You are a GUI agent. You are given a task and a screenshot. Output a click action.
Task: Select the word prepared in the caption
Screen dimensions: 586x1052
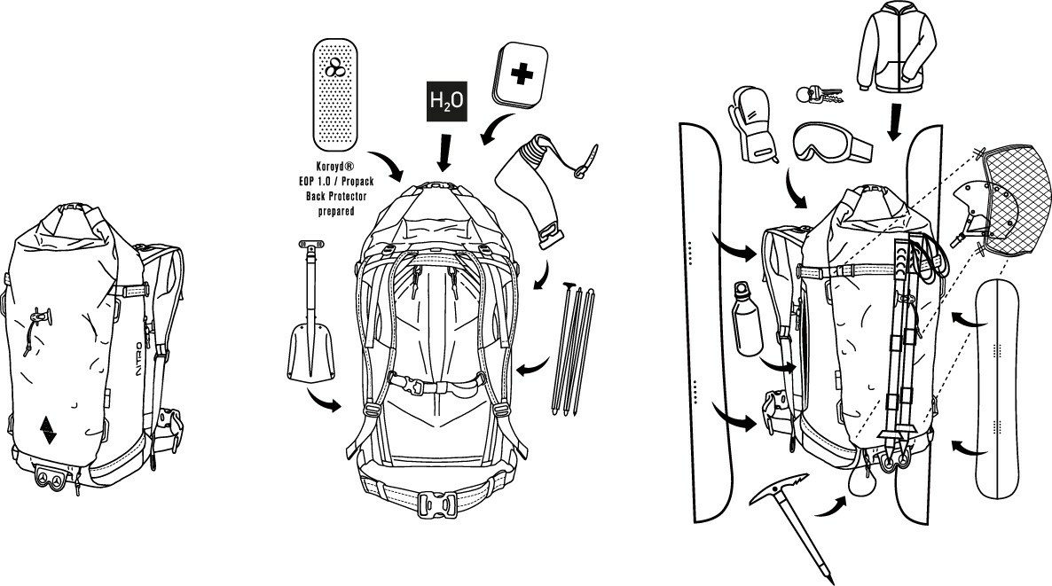336,212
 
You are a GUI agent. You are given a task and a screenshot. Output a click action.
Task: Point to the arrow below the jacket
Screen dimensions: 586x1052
895,122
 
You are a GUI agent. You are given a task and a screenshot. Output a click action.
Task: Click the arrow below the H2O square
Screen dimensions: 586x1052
443,152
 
